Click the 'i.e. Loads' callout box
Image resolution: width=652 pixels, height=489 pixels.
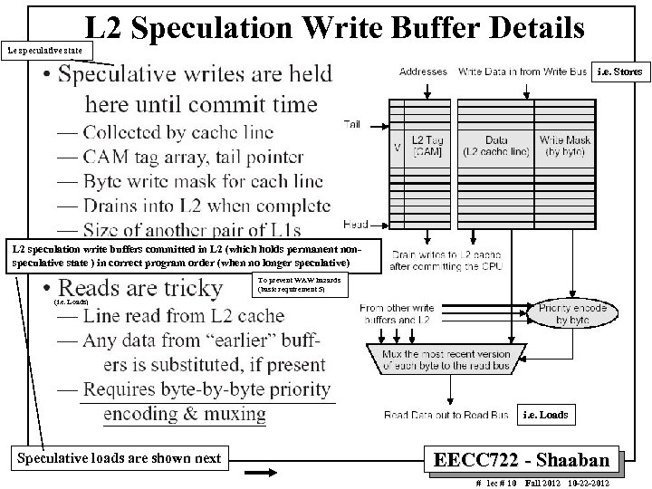tap(547, 416)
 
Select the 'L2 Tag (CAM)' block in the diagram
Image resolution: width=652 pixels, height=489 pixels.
tap(428, 146)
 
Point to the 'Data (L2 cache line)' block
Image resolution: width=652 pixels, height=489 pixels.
tap(496, 146)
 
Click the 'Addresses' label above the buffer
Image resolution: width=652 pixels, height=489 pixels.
tap(422, 71)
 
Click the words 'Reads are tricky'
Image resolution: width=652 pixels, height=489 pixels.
tap(153, 289)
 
